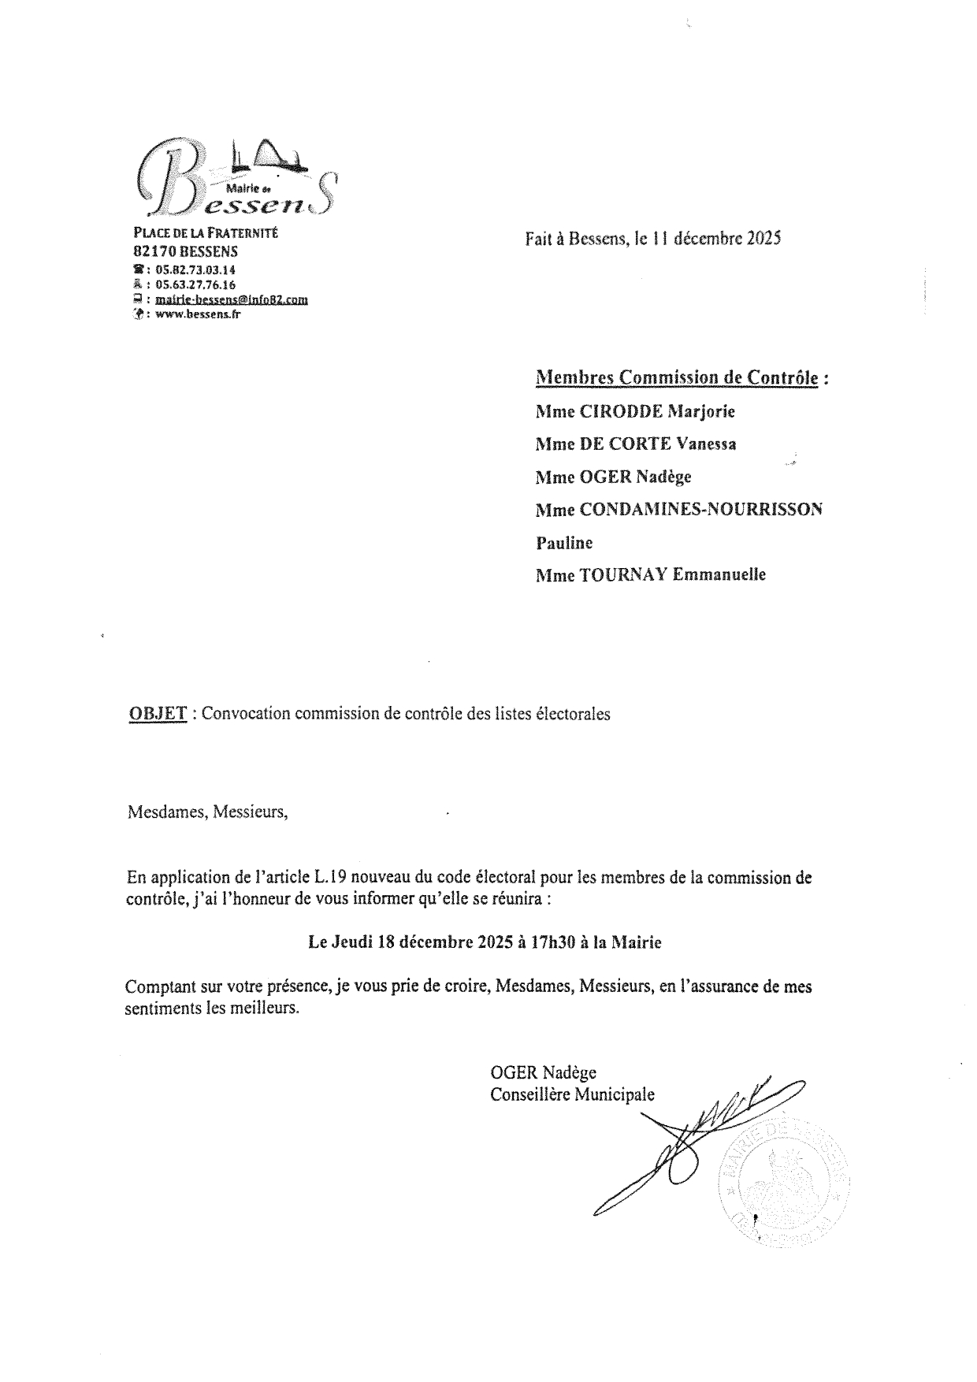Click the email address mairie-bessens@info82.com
232,299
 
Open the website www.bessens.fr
198,314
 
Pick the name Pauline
564,542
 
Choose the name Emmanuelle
719,574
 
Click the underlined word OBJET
158,714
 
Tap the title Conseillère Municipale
572,1094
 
